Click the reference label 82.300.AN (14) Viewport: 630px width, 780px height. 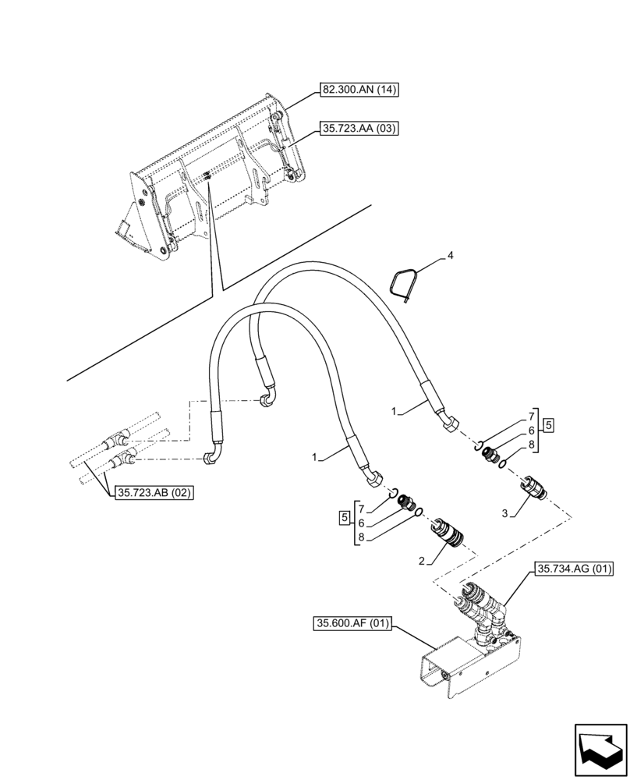pyautogui.click(x=359, y=90)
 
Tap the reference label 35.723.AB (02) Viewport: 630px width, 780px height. pyautogui.click(x=154, y=492)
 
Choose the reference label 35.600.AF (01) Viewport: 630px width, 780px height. pyautogui.click(x=353, y=623)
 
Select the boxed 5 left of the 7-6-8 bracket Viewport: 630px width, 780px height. pyautogui.click(x=344, y=518)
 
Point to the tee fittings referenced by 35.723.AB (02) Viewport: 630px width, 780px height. pyautogui.click(x=121, y=452)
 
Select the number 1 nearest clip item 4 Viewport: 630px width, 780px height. pyautogui.click(x=395, y=409)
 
